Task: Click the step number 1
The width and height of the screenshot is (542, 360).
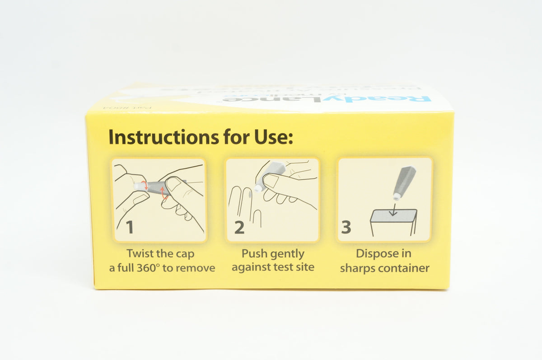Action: pyautogui.click(x=130, y=227)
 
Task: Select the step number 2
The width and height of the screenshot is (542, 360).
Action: pyautogui.click(x=239, y=227)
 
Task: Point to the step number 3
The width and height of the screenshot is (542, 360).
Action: pyautogui.click(x=346, y=227)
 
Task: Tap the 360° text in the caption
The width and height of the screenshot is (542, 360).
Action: pyautogui.click(x=148, y=267)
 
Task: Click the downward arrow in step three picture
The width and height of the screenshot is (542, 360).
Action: pyautogui.click(x=393, y=209)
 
